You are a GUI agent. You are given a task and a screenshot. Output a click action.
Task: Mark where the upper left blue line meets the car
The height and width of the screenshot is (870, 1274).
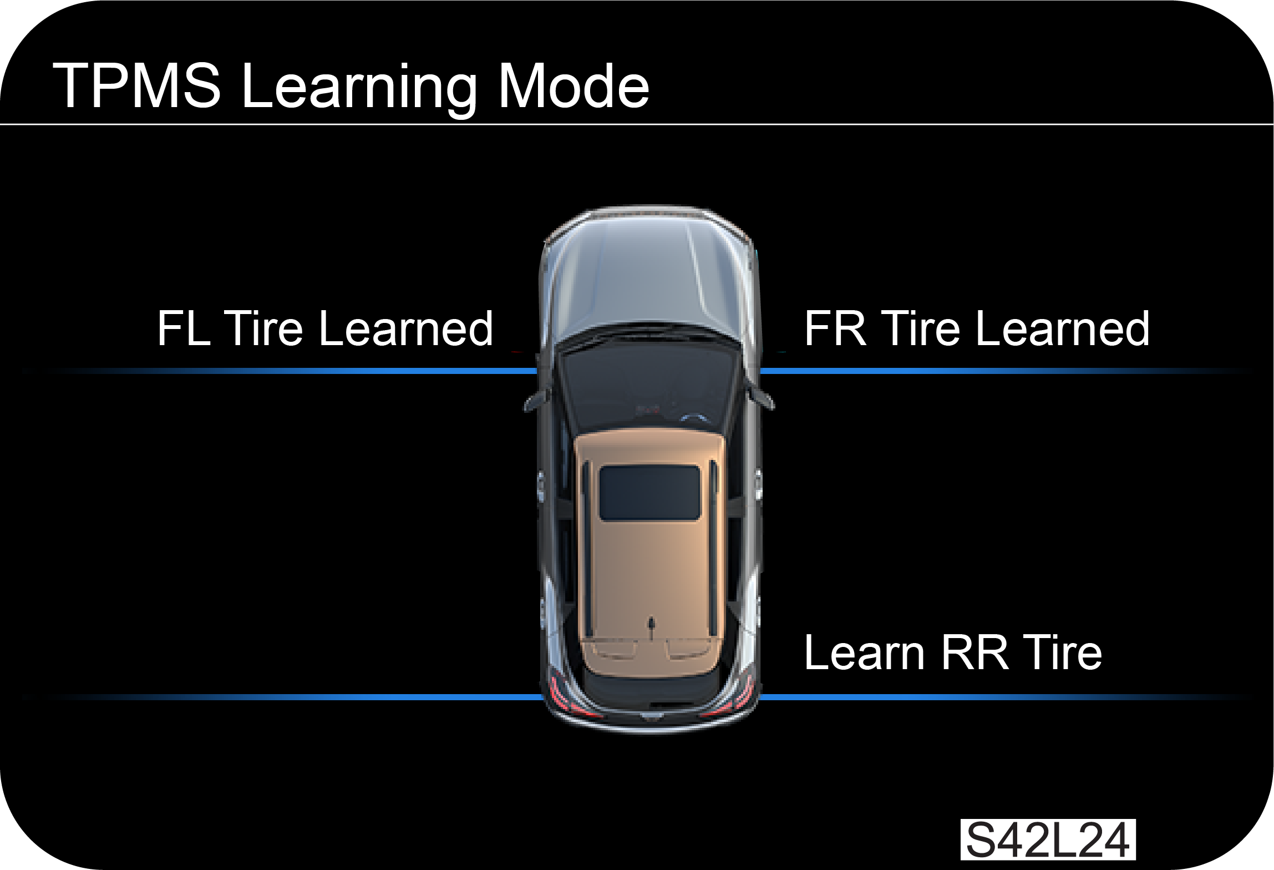point(537,371)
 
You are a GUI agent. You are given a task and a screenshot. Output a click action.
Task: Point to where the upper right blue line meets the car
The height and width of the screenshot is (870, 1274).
point(760,371)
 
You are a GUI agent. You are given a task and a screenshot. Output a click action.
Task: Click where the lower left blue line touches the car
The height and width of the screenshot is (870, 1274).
point(542,697)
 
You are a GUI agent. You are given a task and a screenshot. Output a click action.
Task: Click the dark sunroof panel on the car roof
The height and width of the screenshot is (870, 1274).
point(649,493)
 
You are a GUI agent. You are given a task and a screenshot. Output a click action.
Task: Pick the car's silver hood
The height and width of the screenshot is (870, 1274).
point(648,277)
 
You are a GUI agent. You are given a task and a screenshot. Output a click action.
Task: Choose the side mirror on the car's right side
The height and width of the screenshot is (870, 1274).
point(762,397)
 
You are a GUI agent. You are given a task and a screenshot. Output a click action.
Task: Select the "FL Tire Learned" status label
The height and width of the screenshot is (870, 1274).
point(325,328)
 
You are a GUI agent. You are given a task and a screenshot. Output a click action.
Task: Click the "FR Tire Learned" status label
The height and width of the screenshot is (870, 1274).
point(977,328)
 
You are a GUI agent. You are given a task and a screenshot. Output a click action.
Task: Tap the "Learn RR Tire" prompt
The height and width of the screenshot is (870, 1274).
point(953,652)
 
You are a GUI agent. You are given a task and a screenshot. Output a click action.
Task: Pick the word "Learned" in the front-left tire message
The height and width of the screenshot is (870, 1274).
point(406,328)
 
